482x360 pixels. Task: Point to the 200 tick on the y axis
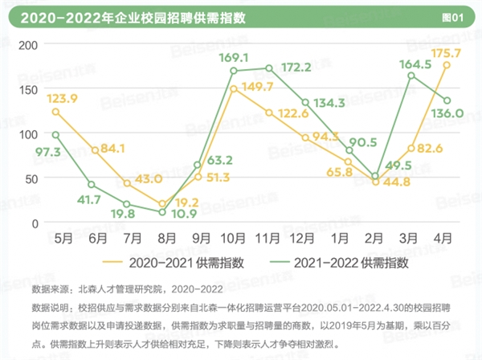(x=28, y=44)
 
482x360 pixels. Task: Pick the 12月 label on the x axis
(x=304, y=239)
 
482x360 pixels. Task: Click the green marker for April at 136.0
(x=446, y=100)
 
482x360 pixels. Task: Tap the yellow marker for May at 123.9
(x=55, y=111)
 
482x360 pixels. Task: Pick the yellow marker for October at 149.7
(x=233, y=88)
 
